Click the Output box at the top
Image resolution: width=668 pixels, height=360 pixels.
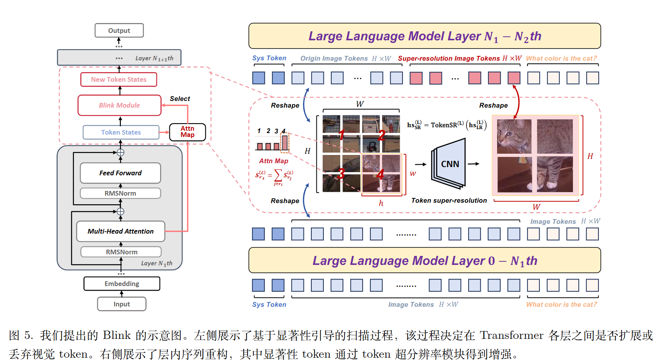tap(119, 31)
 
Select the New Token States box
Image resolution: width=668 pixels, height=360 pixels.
tap(119, 79)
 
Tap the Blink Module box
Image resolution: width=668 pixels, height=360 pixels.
tap(119, 105)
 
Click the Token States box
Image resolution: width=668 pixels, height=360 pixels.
tap(121, 132)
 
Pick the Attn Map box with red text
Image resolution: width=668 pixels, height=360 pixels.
tap(187, 132)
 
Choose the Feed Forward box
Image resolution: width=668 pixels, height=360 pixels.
tap(120, 173)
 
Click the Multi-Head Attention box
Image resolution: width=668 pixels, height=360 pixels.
tap(120, 231)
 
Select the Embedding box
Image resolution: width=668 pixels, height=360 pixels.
tap(122, 284)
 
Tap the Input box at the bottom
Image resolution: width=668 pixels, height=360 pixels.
tap(122, 304)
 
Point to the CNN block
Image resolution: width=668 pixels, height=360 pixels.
tap(450, 164)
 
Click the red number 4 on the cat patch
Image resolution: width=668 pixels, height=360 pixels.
tap(380, 174)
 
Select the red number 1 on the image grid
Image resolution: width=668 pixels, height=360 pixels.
tap(341, 135)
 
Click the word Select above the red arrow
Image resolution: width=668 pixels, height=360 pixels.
tap(180, 99)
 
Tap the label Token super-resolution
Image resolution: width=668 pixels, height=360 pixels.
tap(449, 200)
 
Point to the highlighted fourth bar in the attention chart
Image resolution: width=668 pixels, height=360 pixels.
tap(284, 142)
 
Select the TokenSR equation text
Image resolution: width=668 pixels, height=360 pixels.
tap(447, 125)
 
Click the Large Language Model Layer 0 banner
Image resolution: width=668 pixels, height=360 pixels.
tap(424, 261)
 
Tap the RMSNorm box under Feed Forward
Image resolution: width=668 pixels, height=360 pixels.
tap(120, 193)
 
